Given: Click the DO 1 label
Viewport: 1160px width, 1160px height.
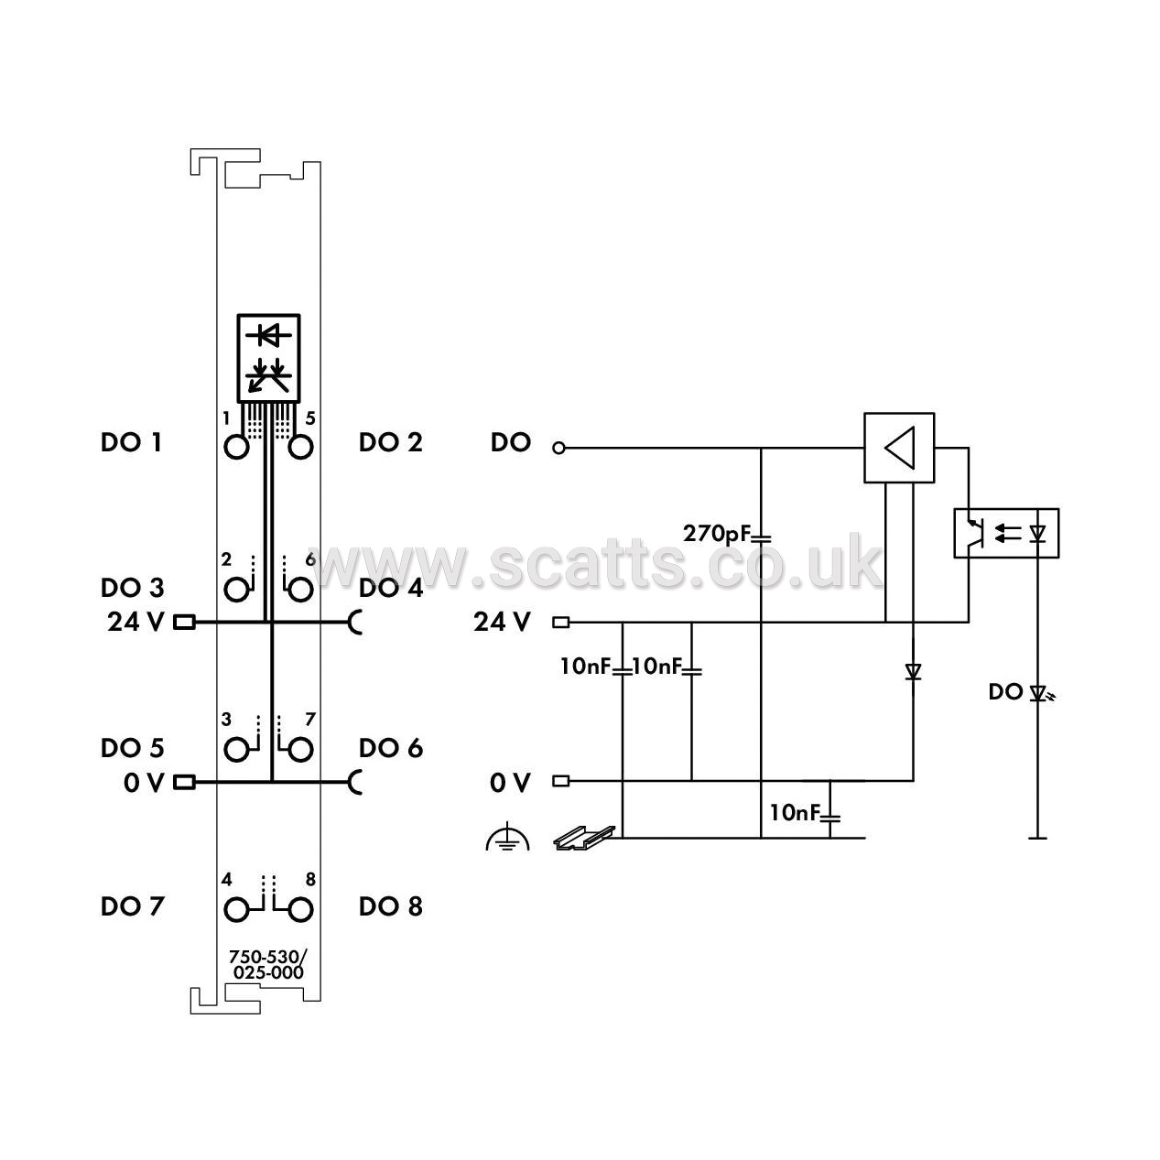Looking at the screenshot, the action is pyautogui.click(x=131, y=442).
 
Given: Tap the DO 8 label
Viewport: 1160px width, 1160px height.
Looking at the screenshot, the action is pyautogui.click(x=391, y=906).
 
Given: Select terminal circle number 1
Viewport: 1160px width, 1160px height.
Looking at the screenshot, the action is pyautogui.click(x=236, y=448).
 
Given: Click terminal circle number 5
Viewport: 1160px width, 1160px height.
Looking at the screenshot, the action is pyautogui.click(x=301, y=448).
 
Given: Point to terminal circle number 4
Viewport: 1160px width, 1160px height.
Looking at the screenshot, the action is pyautogui.click(x=236, y=910).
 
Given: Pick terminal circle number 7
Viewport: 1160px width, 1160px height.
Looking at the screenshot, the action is pyautogui.click(x=301, y=750).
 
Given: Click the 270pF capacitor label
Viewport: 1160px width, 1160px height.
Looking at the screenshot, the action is pyautogui.click(x=717, y=534).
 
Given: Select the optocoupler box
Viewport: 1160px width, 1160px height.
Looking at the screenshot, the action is pyautogui.click(x=1006, y=534).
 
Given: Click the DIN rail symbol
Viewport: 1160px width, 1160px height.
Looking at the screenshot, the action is pyautogui.click(x=584, y=838).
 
